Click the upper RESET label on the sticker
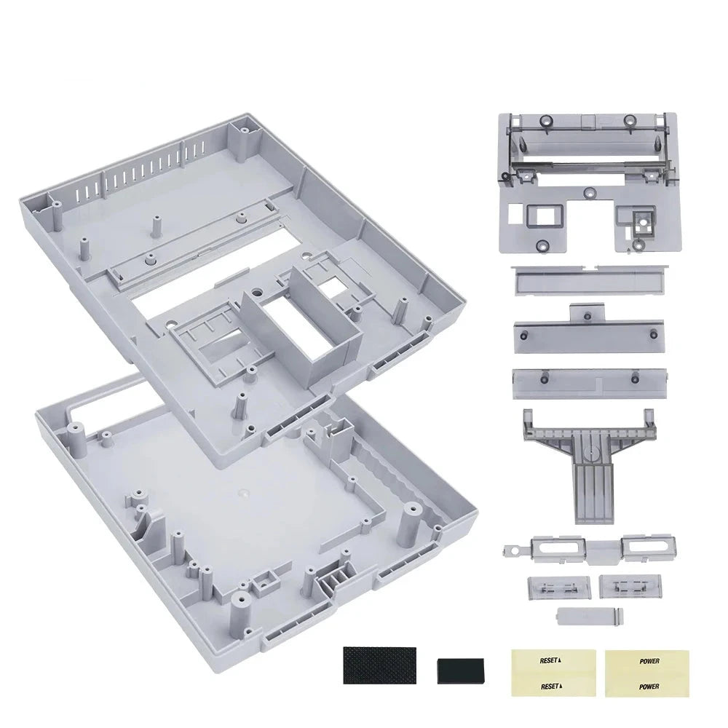coord(550,660)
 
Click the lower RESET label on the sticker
coord(550,686)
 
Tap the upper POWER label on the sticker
coord(649,661)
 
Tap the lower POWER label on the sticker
coord(649,687)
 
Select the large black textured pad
coord(379,665)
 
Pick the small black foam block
coord(461,671)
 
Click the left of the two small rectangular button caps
coord(559,587)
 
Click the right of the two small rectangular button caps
coord(630,586)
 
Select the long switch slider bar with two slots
coord(590,550)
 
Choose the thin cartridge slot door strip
coord(590,280)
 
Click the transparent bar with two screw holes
coord(590,384)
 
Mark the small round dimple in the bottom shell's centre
coord(242,491)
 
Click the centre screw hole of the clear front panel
coord(590,192)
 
